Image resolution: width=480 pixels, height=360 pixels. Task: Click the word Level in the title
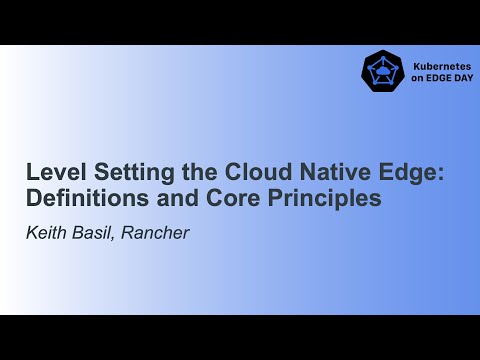[x=50, y=171]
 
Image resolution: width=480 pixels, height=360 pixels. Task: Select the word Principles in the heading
[x=329, y=197]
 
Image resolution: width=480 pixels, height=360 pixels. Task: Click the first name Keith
[x=46, y=233]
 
